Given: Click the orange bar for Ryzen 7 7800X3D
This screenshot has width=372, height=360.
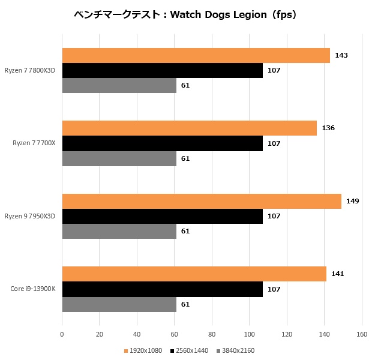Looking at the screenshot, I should point(196,55).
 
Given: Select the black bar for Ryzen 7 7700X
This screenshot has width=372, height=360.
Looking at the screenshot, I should point(162,143).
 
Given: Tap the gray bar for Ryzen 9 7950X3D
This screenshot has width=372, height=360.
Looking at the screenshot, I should point(119,231).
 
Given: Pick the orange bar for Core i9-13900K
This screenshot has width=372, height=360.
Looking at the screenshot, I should point(194,274).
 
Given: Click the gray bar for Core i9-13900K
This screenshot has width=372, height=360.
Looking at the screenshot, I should point(119,304).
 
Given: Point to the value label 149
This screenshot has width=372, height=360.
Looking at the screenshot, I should point(353,201).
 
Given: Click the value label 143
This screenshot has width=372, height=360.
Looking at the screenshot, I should point(341,55).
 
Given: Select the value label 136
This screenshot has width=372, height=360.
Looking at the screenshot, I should point(328,128).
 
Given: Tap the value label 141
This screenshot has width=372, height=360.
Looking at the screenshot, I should point(338,274).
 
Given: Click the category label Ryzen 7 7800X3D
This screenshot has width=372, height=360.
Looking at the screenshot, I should point(29,70).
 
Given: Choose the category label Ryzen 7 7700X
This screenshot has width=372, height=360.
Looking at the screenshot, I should point(34,143).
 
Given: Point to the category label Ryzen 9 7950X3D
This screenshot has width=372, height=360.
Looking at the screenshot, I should point(29,216).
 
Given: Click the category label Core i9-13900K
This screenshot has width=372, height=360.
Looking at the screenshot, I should point(33,289).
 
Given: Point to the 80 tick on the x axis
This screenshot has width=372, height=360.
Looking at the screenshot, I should point(212,335).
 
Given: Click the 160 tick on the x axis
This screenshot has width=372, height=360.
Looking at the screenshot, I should point(362,335).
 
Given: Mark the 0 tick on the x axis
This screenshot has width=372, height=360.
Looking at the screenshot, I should point(62,335).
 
